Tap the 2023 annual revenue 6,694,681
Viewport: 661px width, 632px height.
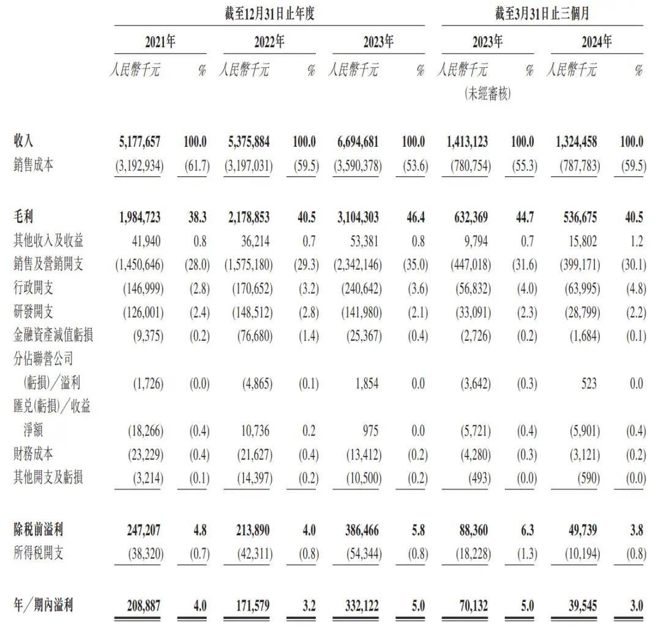354,142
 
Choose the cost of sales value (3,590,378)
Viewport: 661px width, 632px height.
354,165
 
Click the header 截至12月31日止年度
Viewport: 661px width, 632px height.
269,13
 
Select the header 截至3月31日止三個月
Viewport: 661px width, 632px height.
542,13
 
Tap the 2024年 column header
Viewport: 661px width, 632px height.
597,42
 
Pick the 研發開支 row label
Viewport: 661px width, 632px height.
33,312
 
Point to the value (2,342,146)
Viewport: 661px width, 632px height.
354,264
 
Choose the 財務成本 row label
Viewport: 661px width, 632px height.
33,454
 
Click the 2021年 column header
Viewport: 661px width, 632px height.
160,42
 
